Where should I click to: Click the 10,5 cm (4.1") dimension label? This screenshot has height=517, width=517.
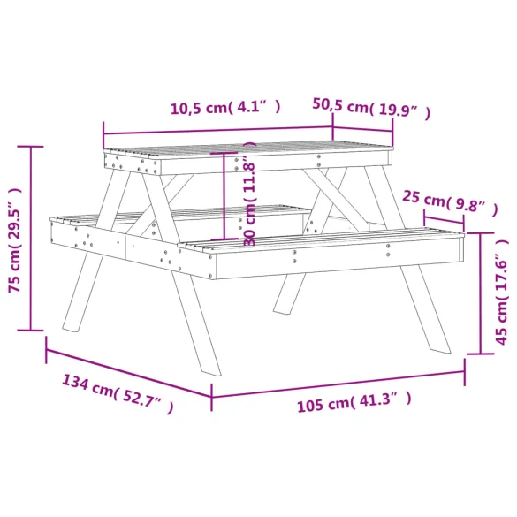(225, 109)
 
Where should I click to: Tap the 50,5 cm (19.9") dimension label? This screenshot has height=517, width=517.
(371, 107)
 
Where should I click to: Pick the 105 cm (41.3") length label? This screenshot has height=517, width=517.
(354, 404)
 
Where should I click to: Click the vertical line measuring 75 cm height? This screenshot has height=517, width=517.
(32, 239)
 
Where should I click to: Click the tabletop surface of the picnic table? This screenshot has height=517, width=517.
(247, 148)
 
